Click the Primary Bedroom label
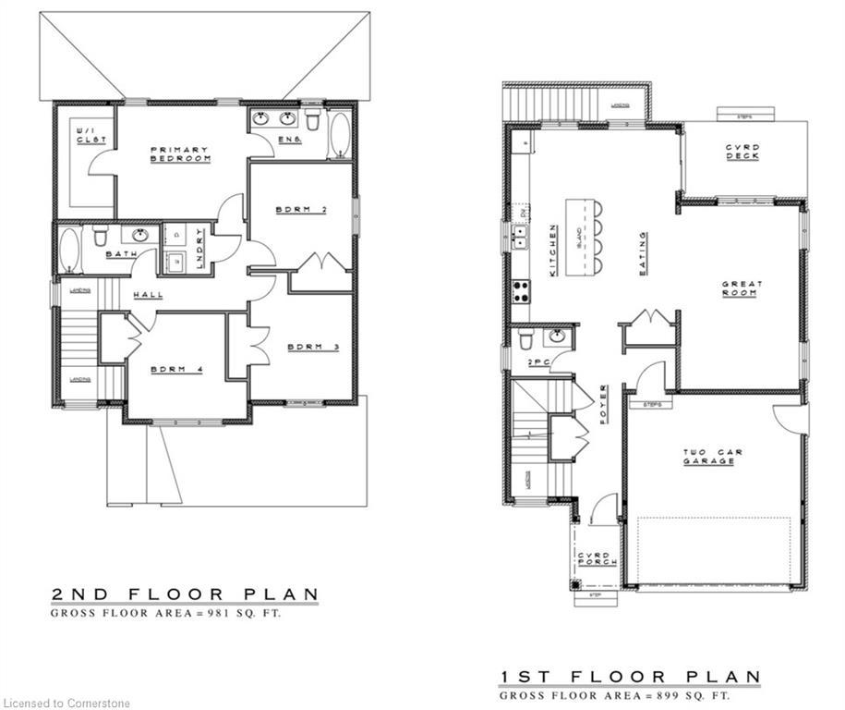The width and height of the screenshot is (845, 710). click(x=180, y=154)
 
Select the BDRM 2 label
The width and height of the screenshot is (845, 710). click(x=302, y=210)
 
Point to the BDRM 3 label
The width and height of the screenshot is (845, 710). click(x=313, y=348)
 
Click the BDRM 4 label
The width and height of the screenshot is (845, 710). click(x=175, y=370)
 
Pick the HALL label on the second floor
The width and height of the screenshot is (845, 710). click(x=148, y=295)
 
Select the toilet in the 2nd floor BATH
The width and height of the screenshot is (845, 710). click(x=100, y=238)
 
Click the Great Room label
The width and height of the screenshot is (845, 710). click(x=740, y=288)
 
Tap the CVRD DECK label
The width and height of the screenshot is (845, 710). click(x=742, y=151)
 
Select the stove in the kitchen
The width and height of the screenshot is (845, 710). click(x=520, y=292)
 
